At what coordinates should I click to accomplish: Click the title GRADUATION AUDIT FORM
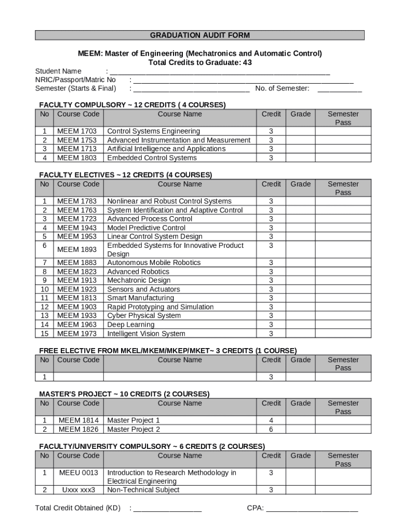[200, 35]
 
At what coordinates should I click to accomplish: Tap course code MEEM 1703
[77, 131]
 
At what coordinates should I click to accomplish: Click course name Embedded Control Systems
[152, 158]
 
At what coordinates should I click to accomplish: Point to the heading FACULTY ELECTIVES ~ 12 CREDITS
[126, 175]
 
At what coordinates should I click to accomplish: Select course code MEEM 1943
[77, 228]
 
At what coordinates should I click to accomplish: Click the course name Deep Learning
[130, 325]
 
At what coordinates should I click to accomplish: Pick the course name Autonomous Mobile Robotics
[154, 263]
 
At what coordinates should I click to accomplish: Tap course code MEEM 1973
[77, 334]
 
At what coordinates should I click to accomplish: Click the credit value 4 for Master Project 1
[271, 420]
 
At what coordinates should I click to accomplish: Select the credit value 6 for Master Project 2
[271, 429]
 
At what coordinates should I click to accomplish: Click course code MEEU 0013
[78, 473]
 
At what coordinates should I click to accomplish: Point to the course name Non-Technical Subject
[143, 490]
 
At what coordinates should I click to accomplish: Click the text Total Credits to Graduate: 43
[200, 62]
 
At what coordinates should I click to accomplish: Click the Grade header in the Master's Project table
[300, 403]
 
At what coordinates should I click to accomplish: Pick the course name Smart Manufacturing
[140, 298]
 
